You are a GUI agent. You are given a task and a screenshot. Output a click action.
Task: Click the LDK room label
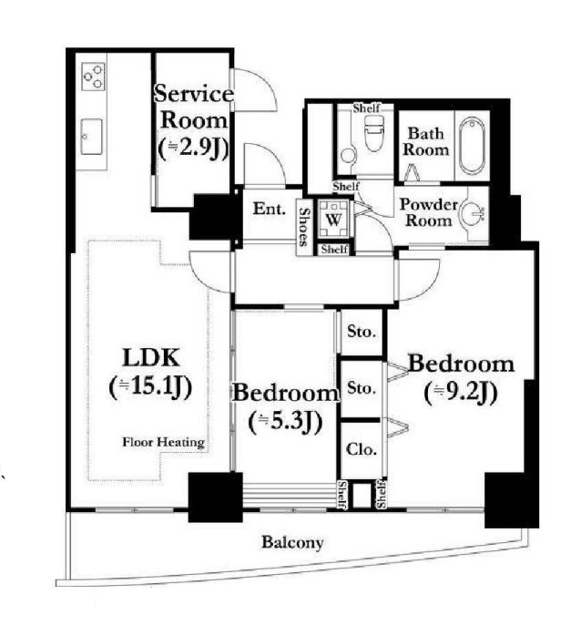[x=150, y=358]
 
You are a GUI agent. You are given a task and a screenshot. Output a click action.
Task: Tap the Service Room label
[x=194, y=108]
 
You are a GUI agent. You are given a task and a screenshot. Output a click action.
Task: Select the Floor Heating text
[x=163, y=442]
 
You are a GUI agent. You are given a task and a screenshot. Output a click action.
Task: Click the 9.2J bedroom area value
[x=461, y=392]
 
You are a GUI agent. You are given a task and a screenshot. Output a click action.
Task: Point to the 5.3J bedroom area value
[x=285, y=422]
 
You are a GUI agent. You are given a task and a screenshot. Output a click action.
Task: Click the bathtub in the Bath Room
[x=473, y=145]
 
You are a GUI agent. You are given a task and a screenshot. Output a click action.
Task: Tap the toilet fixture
[x=373, y=133]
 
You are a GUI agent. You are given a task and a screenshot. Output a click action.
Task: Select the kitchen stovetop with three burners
[x=94, y=77]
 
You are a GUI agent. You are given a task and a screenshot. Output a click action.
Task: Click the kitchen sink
[x=91, y=137]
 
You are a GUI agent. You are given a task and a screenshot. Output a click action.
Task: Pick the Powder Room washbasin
[x=473, y=213]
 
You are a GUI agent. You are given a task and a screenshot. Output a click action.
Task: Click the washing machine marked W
[x=333, y=220]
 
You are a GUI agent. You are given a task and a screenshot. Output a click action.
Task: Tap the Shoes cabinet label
[x=303, y=227]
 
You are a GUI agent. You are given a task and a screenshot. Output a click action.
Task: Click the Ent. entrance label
[x=270, y=209]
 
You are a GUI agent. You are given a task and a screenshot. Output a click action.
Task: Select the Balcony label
[x=292, y=542]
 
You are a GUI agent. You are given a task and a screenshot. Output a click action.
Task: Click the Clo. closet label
[x=362, y=449]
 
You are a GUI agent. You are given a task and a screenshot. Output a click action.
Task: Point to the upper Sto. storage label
[x=362, y=333]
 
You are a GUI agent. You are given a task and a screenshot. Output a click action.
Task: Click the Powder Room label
[x=428, y=212]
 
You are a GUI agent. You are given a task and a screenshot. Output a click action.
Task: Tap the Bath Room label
[x=425, y=141]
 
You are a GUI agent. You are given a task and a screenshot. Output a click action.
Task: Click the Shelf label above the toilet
[x=366, y=108]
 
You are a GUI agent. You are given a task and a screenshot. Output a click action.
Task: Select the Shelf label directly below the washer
[x=334, y=249]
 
